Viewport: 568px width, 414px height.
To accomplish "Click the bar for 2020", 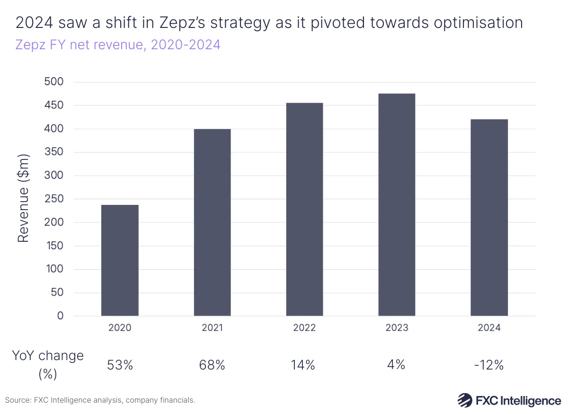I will click(x=120, y=260).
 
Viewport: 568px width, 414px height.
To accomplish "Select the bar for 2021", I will click(x=212, y=222).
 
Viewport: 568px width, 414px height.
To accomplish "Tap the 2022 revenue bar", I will click(x=304, y=209).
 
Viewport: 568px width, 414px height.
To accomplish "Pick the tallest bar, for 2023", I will click(x=397, y=204).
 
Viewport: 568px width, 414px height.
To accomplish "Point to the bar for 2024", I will click(x=489, y=218).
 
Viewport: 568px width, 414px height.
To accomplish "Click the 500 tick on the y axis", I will click(x=53, y=82).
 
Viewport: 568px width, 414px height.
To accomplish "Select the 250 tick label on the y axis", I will click(x=53, y=199).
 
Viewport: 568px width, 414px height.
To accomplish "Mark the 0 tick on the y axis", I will click(x=60, y=316).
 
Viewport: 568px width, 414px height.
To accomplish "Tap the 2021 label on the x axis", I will click(x=212, y=328).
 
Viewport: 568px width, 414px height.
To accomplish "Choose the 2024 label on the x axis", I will click(x=489, y=328).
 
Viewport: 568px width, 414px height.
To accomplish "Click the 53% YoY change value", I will click(x=120, y=365).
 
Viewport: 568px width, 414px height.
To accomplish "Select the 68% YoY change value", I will click(x=212, y=365).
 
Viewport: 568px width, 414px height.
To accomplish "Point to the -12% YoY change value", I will click(x=489, y=365).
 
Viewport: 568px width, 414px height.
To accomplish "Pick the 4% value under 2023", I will click(x=397, y=365).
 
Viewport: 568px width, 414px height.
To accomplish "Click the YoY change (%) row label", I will click(x=47, y=364).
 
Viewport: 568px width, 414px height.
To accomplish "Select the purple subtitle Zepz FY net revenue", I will click(x=118, y=45).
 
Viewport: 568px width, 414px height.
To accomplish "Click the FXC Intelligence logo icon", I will click(x=465, y=400).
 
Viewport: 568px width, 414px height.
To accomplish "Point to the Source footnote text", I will click(x=100, y=400).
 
